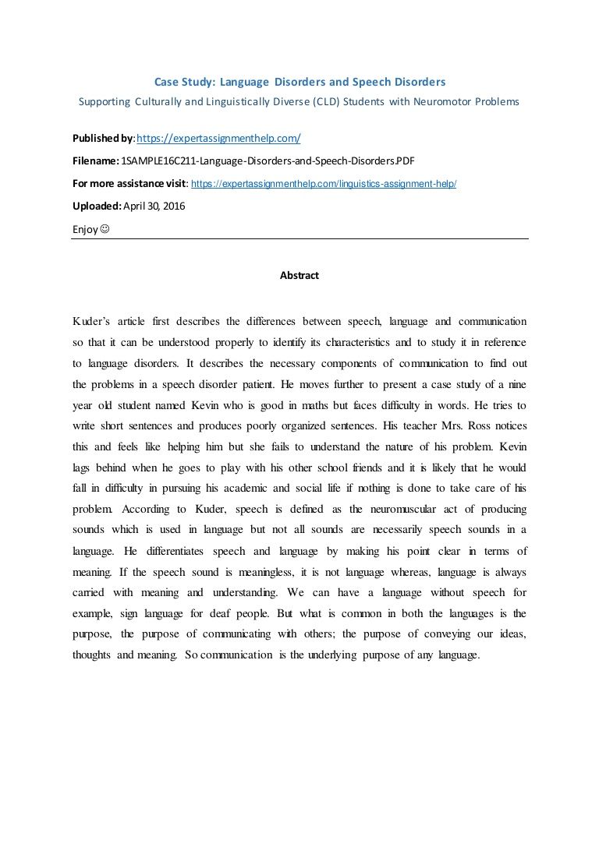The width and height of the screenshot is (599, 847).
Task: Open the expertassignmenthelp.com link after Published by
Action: [x=218, y=139]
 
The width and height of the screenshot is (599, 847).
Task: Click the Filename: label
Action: [x=96, y=161]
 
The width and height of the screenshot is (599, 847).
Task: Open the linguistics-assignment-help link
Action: [x=323, y=184]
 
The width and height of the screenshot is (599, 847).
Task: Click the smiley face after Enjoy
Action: [x=105, y=229]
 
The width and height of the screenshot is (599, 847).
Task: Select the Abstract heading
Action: [x=299, y=275]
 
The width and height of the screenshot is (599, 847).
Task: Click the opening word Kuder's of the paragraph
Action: [x=91, y=321]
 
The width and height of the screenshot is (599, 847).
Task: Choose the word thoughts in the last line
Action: [x=92, y=655]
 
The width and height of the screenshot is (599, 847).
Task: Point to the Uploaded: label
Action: [x=97, y=206]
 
